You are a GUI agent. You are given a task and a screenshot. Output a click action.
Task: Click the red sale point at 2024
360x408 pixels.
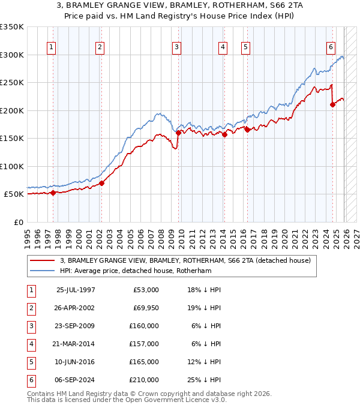[x=332, y=104]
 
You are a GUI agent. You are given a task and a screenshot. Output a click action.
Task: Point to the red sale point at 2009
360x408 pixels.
[x=179, y=133]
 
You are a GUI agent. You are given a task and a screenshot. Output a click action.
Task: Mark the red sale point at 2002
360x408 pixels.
[x=101, y=183]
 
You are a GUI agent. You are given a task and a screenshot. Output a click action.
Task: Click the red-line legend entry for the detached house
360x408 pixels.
[x=185, y=260]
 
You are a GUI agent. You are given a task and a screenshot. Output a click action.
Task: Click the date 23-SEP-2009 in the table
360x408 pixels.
[x=76, y=326]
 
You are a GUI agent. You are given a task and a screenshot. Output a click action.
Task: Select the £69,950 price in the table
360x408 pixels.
[x=144, y=308]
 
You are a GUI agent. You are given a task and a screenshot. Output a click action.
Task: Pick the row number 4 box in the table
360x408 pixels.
[x=30, y=344]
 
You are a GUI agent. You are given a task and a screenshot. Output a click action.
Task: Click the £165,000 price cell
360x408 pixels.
[x=144, y=362]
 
